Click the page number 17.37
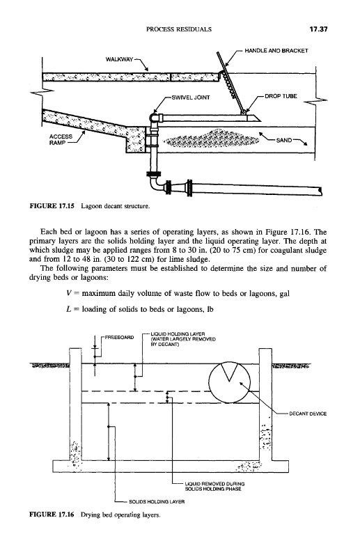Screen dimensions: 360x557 318,29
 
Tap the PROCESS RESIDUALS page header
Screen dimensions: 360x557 179,29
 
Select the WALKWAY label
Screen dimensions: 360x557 119,59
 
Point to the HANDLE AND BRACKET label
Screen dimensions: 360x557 276,51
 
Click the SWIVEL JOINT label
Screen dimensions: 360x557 191,97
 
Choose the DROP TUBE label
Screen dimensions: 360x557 281,96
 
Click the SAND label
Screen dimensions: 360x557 284,140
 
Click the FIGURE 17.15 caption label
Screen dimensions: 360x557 51,205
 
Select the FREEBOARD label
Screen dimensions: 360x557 119,337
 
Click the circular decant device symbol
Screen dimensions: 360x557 230,382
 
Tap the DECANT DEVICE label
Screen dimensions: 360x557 308,414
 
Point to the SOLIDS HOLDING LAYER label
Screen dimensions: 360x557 157,501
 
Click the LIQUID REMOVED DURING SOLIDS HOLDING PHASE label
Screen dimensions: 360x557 214,486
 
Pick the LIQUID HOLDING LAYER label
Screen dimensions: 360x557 183,339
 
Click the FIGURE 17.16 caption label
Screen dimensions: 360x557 51,515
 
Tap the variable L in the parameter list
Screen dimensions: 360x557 69,309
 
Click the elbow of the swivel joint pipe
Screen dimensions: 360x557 154,118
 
